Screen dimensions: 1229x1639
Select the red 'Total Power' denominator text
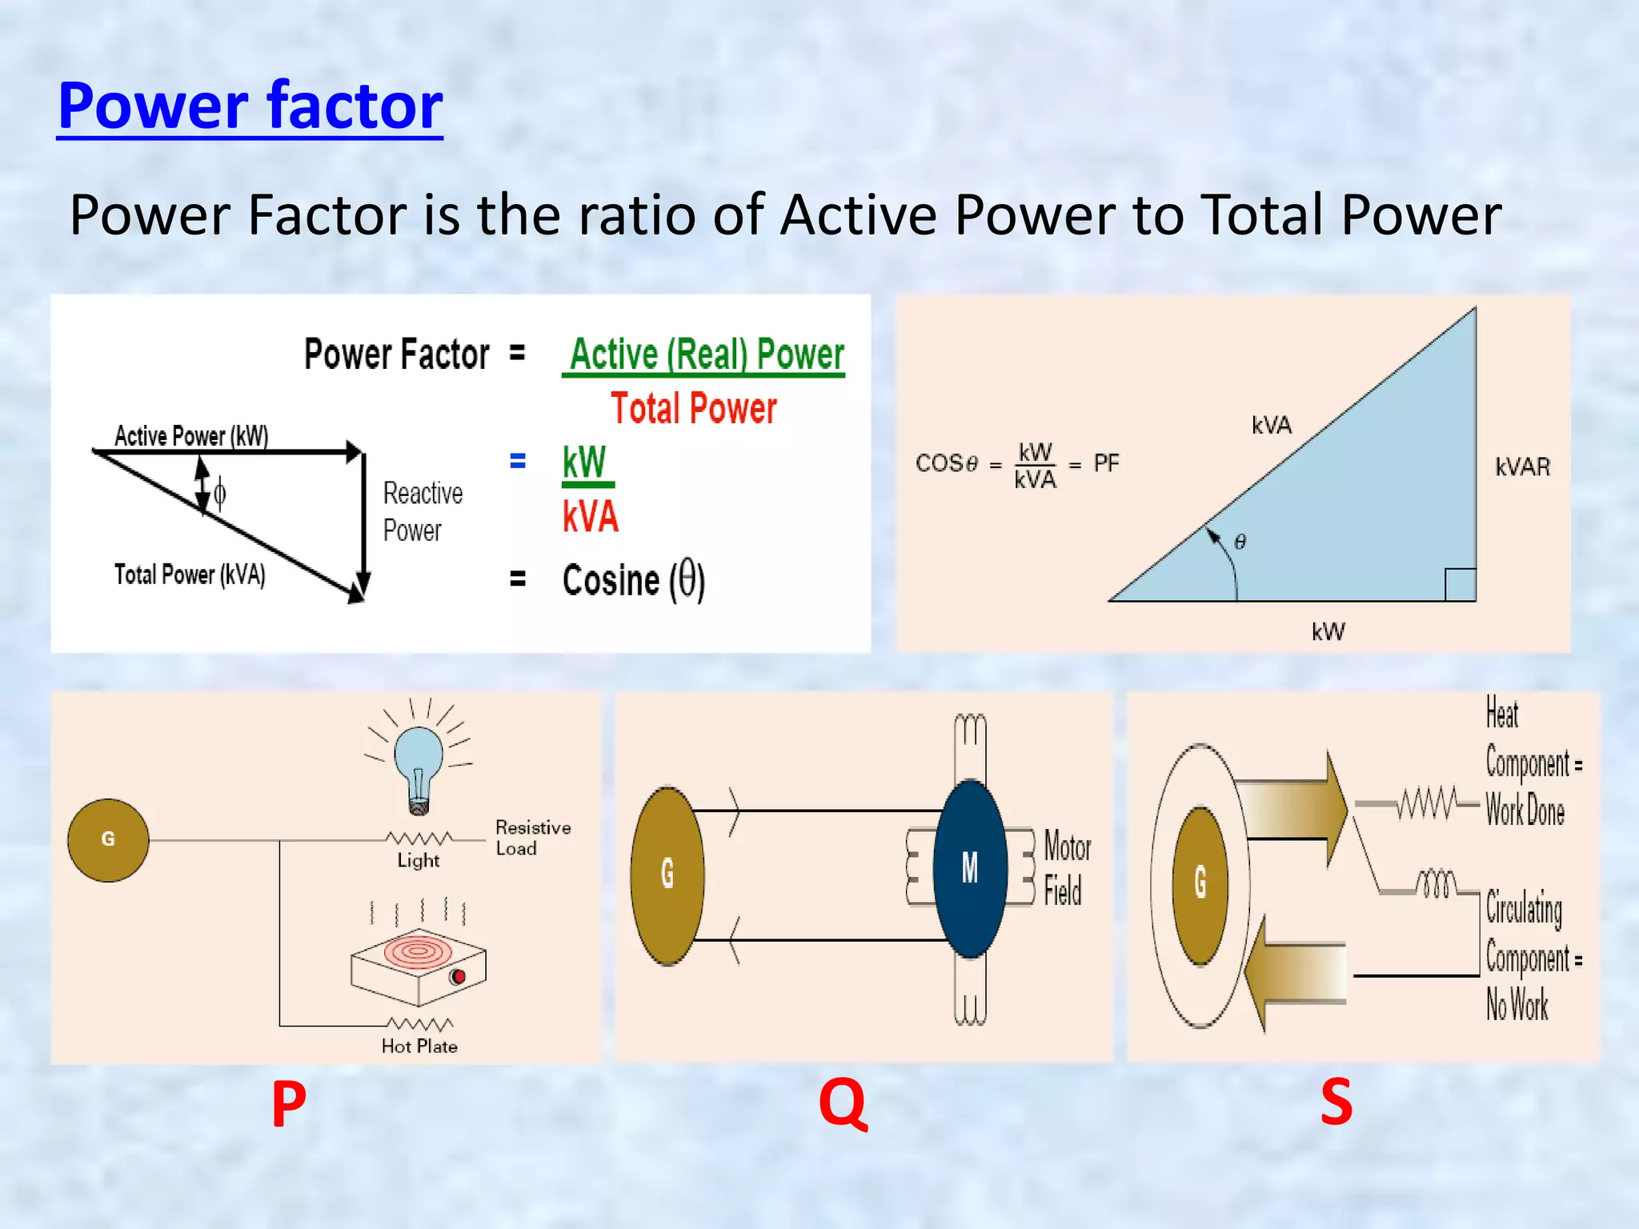click(693, 408)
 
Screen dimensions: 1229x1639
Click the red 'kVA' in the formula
click(591, 516)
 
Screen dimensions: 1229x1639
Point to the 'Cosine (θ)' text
click(633, 579)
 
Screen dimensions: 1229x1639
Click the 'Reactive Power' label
click(422, 511)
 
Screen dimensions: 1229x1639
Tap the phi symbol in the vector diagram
click(219, 493)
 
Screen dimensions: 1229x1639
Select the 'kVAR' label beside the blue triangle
click(1522, 466)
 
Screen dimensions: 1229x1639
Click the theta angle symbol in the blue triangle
click(1240, 542)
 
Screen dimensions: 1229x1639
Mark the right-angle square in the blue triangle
click(1460, 584)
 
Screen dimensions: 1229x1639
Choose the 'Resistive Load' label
click(532, 838)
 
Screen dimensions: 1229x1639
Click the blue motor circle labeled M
click(970, 868)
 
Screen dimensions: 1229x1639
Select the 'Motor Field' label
click(1067, 868)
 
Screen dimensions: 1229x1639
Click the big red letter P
click(289, 1103)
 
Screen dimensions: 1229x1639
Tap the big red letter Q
click(843, 1103)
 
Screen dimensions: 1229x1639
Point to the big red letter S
click(1336, 1103)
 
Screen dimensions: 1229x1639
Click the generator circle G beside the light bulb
click(108, 839)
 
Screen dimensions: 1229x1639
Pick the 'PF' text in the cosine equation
click(1106, 463)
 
